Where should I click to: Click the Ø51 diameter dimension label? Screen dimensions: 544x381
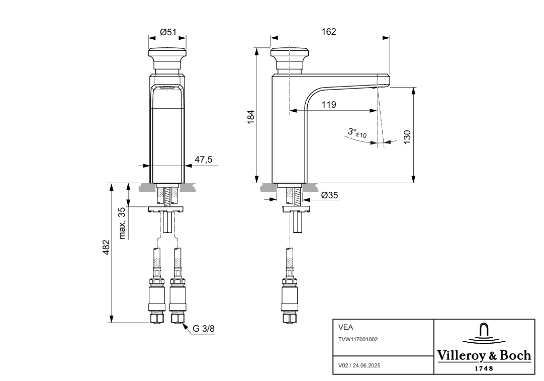coord(168,32)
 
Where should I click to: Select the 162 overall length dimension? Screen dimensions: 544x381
coord(328,32)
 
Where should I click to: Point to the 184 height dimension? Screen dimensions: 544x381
coord(251,117)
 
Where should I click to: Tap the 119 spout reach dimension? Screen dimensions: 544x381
coord(328,105)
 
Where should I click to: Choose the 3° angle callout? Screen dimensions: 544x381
coord(357,133)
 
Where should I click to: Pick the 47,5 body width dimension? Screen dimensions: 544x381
coord(203,160)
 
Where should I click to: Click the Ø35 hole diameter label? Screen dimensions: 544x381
coord(329,195)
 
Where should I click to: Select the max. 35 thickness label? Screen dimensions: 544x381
coord(122,223)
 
